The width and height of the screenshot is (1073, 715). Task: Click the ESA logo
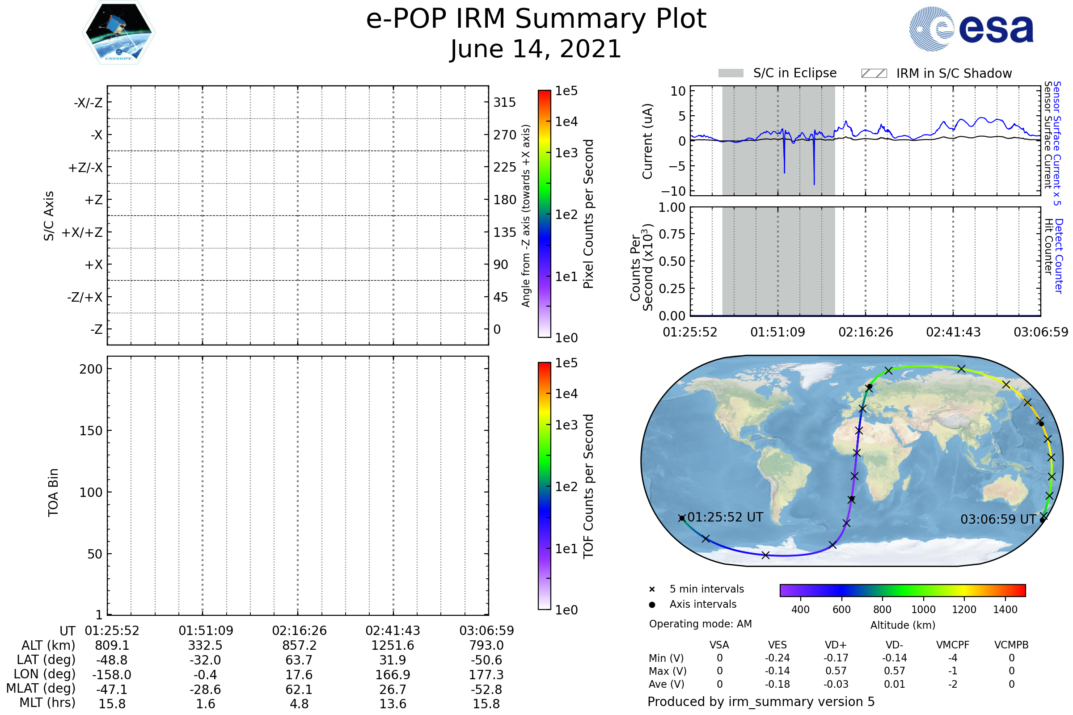coord(971,28)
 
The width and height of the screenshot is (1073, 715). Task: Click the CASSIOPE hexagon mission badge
coord(118,32)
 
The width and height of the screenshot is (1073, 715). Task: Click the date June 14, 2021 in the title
coord(536,49)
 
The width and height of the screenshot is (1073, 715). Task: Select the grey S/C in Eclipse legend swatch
coord(731,73)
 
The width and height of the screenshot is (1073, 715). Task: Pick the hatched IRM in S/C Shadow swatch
coord(874,73)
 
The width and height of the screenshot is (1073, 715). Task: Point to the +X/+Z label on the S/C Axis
coord(82,232)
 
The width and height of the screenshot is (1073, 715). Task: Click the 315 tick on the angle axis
coord(505,102)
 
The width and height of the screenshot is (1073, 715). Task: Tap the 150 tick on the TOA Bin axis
coord(91,431)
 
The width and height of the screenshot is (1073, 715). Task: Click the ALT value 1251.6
coord(393,646)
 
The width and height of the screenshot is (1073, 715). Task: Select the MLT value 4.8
coord(299,703)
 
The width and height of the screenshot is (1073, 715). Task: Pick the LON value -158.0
coord(112,675)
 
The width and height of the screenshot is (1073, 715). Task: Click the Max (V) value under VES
coord(777,671)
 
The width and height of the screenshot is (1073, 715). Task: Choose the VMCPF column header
coord(953,645)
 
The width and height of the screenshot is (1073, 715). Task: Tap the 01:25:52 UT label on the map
coord(725,517)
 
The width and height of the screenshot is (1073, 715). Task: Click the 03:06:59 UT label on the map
coord(998,519)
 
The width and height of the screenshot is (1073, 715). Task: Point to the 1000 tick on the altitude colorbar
coord(923,610)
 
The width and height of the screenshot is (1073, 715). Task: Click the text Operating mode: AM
coord(701,624)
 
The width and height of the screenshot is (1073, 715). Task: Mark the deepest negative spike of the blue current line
coord(814,184)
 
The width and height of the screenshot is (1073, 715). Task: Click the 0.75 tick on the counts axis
coord(672,234)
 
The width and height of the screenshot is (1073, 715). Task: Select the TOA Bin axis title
coord(53,492)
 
